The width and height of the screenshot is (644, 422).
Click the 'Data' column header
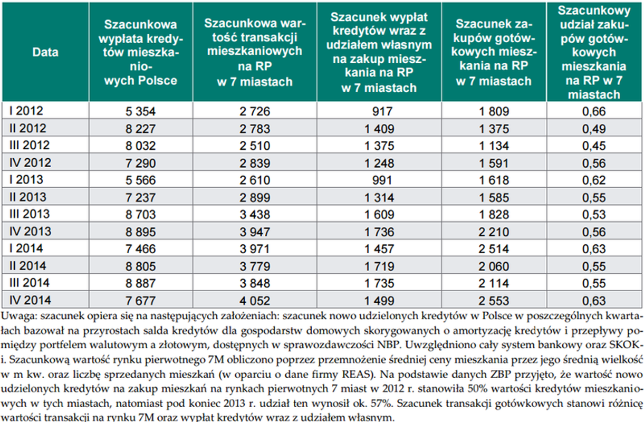45,52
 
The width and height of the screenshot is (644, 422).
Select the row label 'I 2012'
26,111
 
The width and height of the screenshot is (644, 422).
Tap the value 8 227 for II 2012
140,129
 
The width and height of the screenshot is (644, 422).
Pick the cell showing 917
382,111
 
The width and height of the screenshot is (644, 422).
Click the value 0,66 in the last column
594,111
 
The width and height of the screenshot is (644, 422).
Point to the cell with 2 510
254,146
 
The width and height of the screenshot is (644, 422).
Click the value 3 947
254,232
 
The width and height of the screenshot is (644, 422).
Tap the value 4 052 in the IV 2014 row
254,301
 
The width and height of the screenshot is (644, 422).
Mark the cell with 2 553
494,301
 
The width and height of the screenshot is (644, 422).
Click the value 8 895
140,232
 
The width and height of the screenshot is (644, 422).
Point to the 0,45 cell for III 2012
594,146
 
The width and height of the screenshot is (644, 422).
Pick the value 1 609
379,215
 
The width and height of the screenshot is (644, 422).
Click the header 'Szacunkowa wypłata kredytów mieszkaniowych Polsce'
141,52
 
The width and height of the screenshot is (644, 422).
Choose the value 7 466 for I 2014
140,249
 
